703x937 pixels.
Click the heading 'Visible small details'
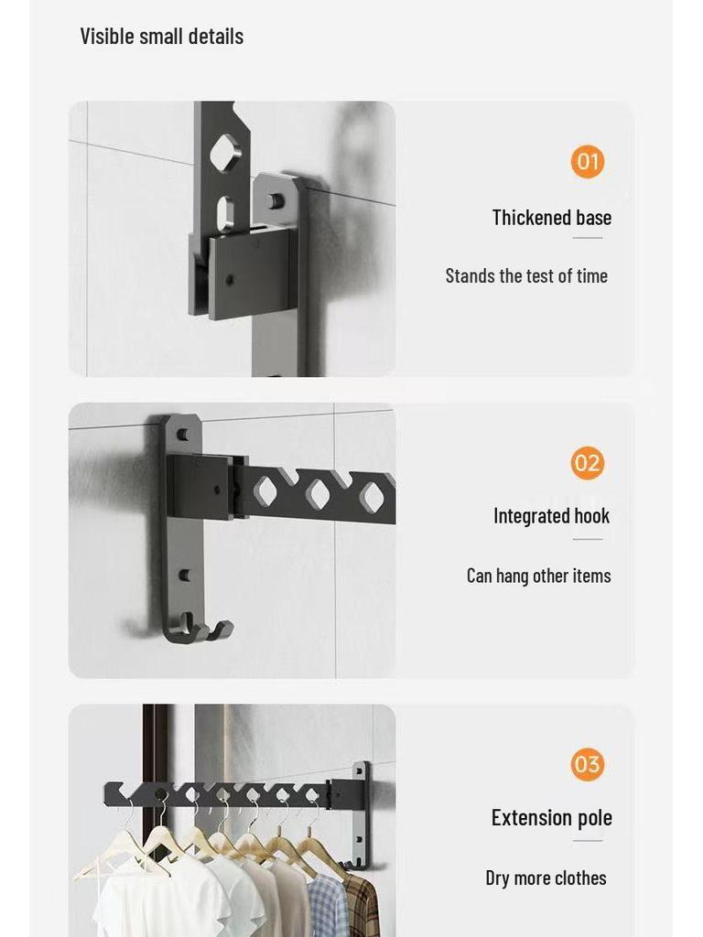pyautogui.click(x=162, y=37)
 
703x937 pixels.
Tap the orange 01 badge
pyautogui.click(x=587, y=162)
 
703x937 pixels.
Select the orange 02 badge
pyautogui.click(x=587, y=463)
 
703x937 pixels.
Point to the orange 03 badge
pyautogui.click(x=587, y=764)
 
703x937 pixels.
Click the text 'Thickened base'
pyautogui.click(x=552, y=218)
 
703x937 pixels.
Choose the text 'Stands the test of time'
pyautogui.click(x=526, y=276)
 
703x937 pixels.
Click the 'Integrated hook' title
pyautogui.click(x=552, y=516)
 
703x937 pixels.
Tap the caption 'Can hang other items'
pyautogui.click(x=539, y=576)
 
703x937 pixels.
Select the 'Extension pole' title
pyautogui.click(x=552, y=817)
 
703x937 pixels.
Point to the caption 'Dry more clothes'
pyautogui.click(x=546, y=878)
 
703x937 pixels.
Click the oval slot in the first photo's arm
pyautogui.click(x=225, y=213)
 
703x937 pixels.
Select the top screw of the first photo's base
pyautogui.click(x=275, y=200)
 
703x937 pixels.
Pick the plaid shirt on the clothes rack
pyautogui.click(x=361, y=905)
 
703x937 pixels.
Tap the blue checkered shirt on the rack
pyautogui.click(x=328, y=905)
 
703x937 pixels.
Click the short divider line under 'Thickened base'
pyautogui.click(x=588, y=238)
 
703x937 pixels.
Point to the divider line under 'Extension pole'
pyautogui.click(x=588, y=841)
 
